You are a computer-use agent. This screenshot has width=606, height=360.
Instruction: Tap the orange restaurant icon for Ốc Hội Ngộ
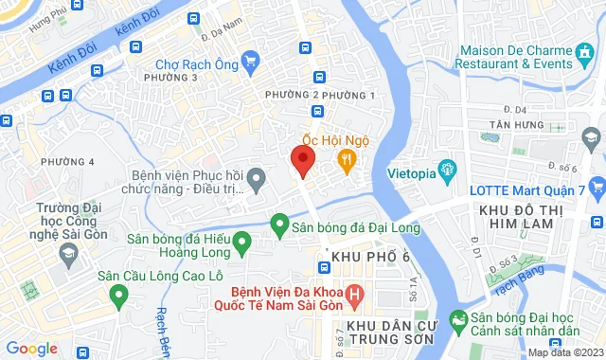(348, 161)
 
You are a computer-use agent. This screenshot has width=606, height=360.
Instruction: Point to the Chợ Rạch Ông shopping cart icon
(250, 63)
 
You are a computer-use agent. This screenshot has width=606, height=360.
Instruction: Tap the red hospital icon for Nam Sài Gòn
(355, 297)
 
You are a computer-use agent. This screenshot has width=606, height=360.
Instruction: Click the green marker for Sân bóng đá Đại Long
(279, 225)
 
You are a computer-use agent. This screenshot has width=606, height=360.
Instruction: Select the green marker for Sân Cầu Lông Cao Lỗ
(119, 297)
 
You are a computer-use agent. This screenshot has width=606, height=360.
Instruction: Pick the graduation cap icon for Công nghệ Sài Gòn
(69, 254)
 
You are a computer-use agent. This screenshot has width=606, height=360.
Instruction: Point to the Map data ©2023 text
(563, 352)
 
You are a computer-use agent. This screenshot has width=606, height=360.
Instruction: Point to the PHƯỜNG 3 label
(169, 78)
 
